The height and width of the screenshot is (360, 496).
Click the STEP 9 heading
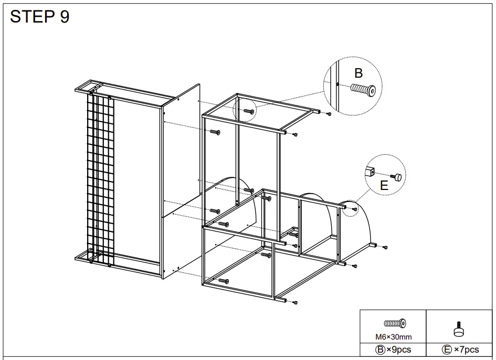pyautogui.click(x=40, y=17)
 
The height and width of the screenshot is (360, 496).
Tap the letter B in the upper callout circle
pyautogui.click(x=358, y=73)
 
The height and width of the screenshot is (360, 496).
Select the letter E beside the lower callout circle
pyautogui.click(x=384, y=185)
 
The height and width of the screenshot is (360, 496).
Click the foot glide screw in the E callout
pyautogui.click(x=397, y=177)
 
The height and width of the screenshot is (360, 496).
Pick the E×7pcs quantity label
pyautogui.click(x=460, y=350)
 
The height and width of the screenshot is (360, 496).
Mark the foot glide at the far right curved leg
pyautogui.click(x=385, y=247)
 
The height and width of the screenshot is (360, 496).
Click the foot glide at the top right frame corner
pyautogui.click(x=329, y=113)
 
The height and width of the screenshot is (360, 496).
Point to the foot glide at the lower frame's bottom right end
pyautogui.click(x=295, y=303)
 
